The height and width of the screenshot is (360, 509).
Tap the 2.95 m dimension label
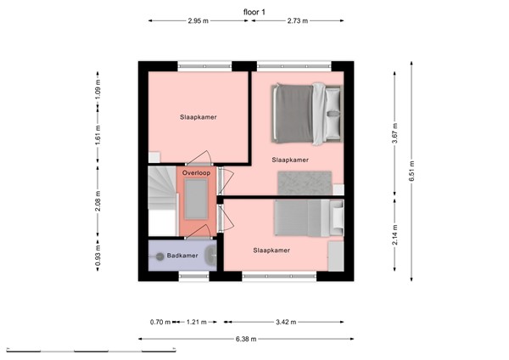pos(200,20)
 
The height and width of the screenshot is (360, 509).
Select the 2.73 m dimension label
pos(298,20)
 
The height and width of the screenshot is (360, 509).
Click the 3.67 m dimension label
pos(395,136)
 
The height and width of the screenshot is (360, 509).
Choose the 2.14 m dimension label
pos(395,238)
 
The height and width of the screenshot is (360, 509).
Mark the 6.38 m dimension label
pos(247,339)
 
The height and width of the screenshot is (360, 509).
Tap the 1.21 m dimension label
pos(198,323)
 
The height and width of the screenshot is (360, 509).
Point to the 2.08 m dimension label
pos(99,201)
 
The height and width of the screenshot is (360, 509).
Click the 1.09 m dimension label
pos(99,87)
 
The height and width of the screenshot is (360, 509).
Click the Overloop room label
pos(196,172)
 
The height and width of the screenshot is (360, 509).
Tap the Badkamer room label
pos(182,255)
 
